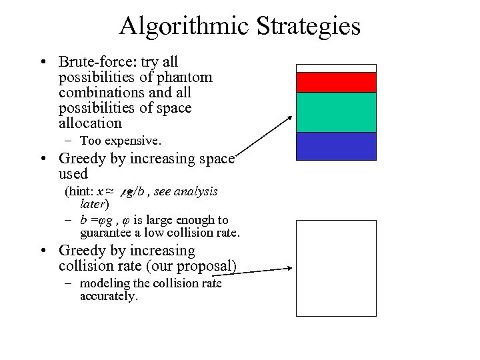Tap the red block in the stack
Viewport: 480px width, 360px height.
point(336,82)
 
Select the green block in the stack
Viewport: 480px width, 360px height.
point(336,112)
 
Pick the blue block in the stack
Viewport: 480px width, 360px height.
point(336,146)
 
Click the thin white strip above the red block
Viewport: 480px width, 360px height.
point(336,68)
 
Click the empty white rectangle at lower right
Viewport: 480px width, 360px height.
point(336,268)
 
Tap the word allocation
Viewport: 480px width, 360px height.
point(90,123)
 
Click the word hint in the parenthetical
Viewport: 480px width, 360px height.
point(80,191)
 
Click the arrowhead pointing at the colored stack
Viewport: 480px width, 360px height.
point(290,118)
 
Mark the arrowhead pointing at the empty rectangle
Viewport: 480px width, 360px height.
point(290,269)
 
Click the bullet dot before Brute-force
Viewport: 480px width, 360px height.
point(42,63)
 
